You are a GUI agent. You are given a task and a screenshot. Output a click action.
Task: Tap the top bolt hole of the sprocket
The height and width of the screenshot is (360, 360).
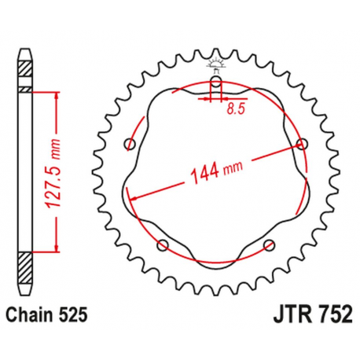(x=216, y=82)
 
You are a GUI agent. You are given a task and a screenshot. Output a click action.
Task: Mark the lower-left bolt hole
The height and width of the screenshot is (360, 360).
(x=163, y=245)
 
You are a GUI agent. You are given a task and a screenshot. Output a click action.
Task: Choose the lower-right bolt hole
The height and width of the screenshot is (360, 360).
(x=270, y=245)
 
